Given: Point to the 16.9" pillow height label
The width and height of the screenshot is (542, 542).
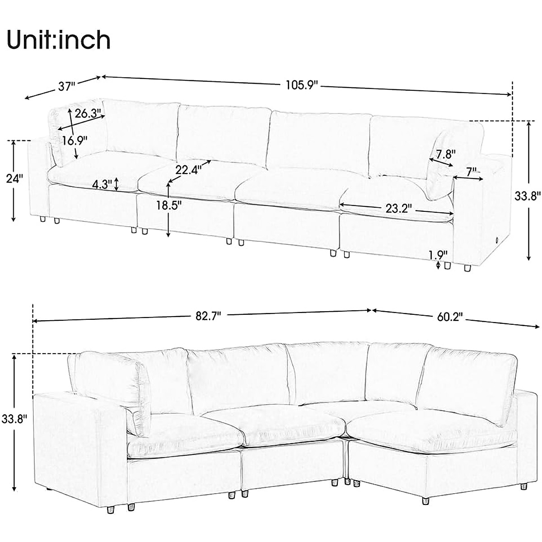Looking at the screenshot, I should (x=75, y=140).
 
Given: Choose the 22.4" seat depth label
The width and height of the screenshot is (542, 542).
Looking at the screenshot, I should (x=188, y=170).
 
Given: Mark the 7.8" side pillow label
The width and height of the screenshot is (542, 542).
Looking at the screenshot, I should (x=443, y=154).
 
